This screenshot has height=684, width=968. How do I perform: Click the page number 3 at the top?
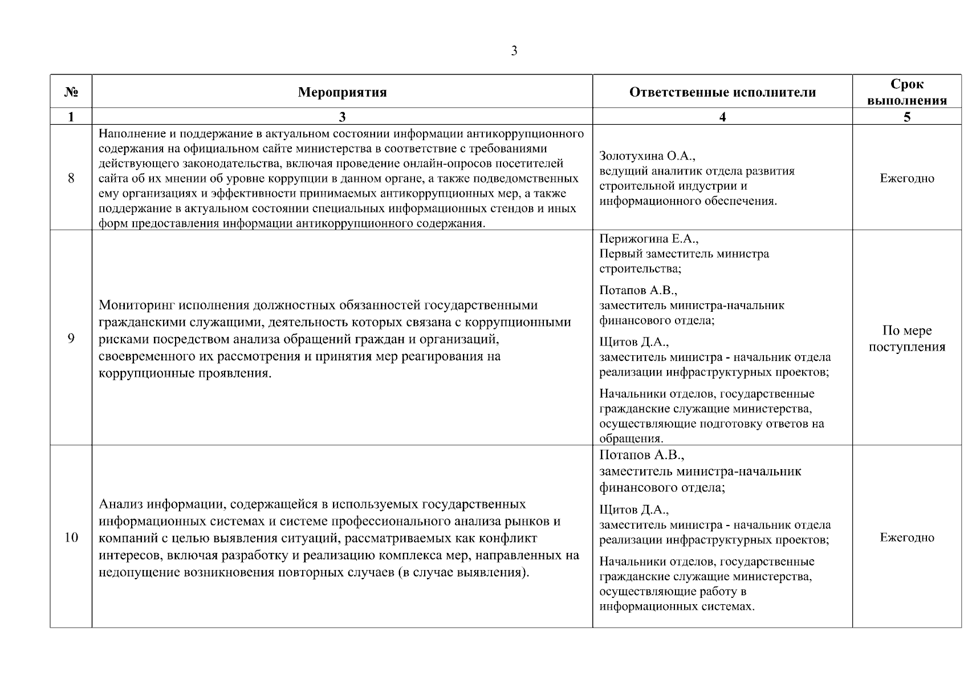514,51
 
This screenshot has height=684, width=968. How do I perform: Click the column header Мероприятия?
342,92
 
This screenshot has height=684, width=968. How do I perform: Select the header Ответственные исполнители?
722,92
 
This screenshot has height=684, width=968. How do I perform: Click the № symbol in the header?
71,92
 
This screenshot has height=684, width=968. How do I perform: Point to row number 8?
71,178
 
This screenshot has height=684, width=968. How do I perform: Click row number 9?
71,339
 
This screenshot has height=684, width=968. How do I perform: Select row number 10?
71,537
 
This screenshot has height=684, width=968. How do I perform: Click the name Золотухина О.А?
647,156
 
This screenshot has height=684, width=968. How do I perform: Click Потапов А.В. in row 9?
638,291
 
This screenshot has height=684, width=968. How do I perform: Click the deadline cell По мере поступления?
906,339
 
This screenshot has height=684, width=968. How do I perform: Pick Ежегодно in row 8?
906,178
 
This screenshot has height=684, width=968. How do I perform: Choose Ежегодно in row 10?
906,537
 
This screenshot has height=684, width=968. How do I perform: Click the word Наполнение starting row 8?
133,134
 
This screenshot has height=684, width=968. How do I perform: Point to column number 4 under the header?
722,117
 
